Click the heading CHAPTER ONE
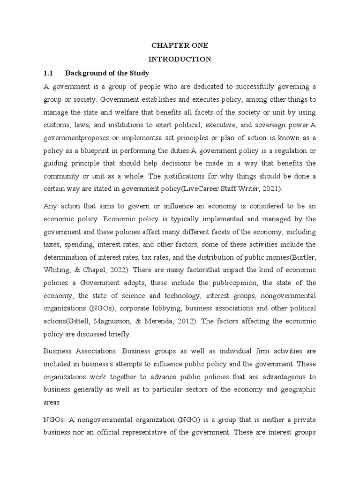point(180,45)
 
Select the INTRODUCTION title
point(180,59)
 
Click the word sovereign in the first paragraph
point(263,125)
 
